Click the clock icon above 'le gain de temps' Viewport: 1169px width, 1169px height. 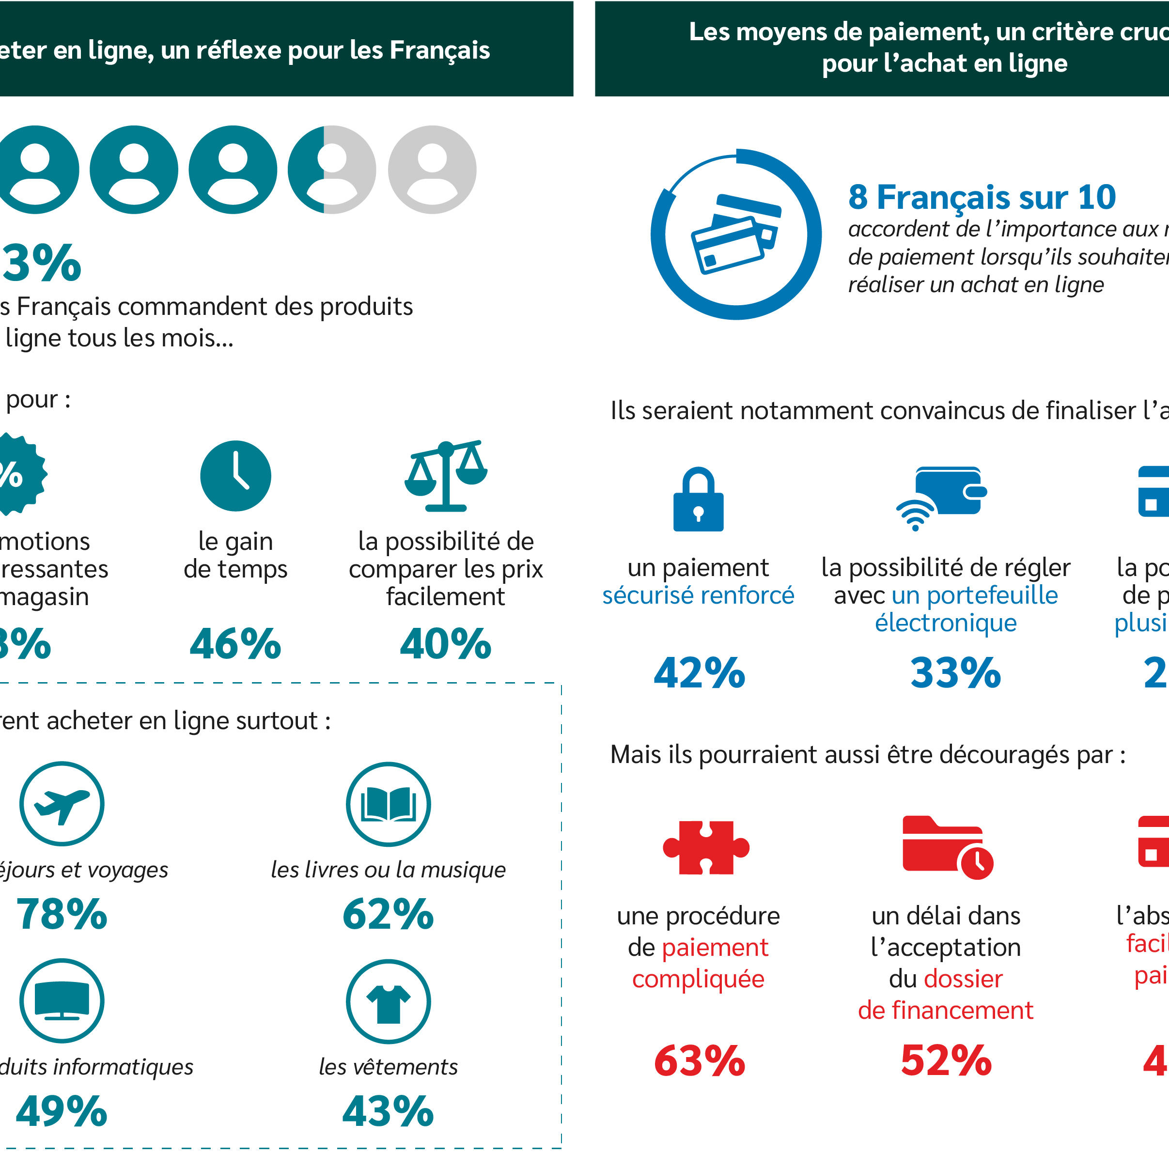(x=235, y=476)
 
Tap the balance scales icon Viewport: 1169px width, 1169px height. (x=446, y=476)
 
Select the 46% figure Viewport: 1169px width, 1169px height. (x=235, y=644)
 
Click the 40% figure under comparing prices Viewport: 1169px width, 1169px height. (x=446, y=644)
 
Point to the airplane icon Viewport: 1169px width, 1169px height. (x=62, y=804)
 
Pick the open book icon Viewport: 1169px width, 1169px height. (x=389, y=804)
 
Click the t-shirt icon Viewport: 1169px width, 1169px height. (x=389, y=1001)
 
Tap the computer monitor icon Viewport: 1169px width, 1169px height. (x=62, y=1001)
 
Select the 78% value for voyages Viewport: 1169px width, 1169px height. (x=62, y=914)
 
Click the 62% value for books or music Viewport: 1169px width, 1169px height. (x=389, y=914)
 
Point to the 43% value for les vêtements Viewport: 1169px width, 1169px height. (x=389, y=1111)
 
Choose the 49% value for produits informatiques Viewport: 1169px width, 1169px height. (x=62, y=1111)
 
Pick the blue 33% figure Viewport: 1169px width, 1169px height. (x=956, y=673)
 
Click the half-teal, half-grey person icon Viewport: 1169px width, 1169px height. (x=331, y=170)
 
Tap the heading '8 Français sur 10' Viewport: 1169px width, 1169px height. (x=982, y=197)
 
